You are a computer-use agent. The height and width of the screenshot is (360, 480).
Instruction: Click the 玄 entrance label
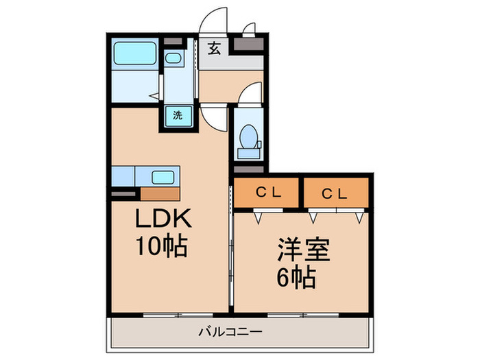[x=215, y=49]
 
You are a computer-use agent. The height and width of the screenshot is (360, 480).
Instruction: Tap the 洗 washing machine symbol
[x=178, y=115]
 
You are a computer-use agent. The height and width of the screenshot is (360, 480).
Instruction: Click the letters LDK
[x=165, y=220]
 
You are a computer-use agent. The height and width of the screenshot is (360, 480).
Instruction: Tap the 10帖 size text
[x=163, y=246]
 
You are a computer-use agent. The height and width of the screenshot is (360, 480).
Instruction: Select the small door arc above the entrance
[x=249, y=29]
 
